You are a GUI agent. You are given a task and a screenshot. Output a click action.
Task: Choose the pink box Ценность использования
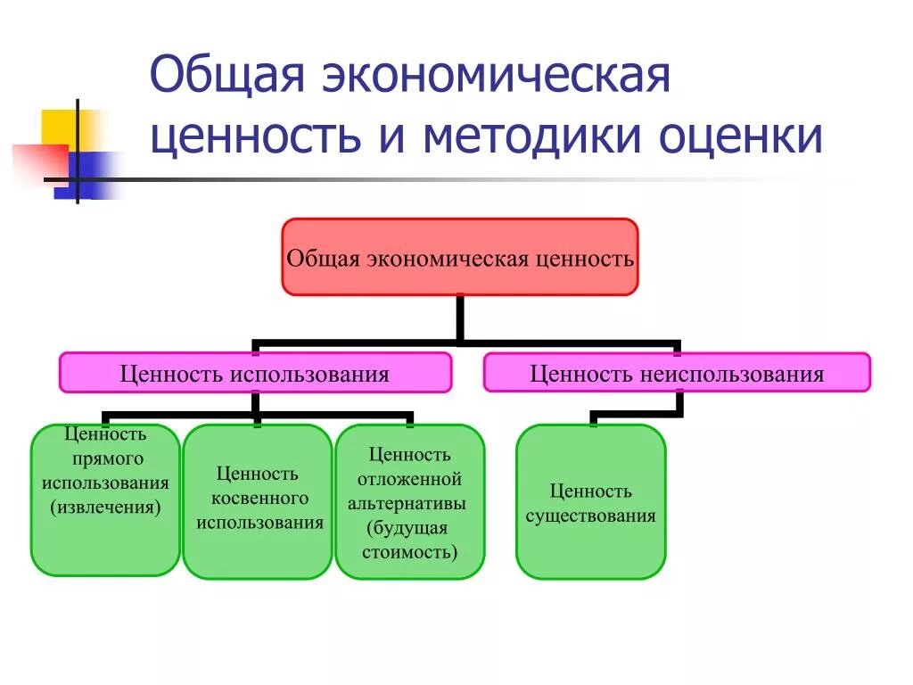(255, 373)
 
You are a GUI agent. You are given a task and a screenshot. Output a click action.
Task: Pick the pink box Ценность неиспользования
(677, 373)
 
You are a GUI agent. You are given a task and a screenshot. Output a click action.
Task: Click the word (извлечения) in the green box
(105, 508)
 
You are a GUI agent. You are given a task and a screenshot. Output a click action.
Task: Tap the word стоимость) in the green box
(410, 552)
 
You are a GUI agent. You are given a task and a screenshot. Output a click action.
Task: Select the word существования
(590, 516)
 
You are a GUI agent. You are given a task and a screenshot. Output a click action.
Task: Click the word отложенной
(410, 480)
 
